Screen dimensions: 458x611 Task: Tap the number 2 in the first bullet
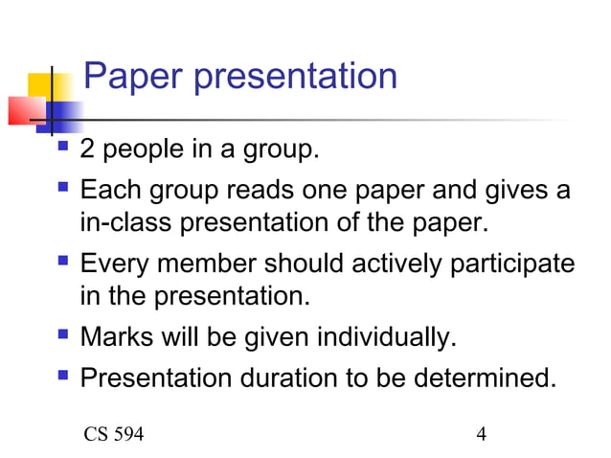pos(88,151)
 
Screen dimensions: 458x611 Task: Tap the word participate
pos(516,263)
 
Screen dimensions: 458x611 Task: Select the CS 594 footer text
pos(114,434)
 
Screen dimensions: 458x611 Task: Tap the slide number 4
pos(481,434)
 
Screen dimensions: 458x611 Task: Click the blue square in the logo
pos(63,117)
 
